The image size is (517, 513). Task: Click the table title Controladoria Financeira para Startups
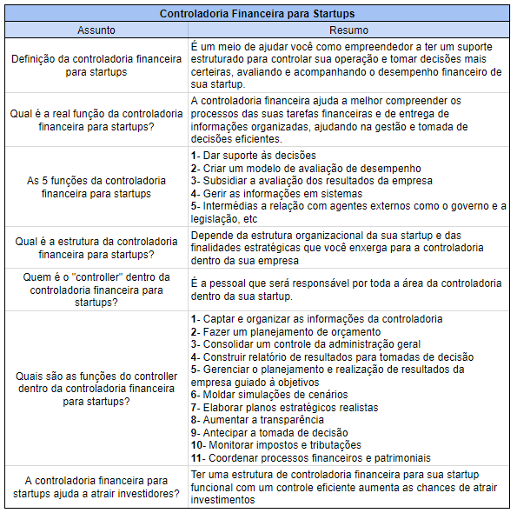(258, 14)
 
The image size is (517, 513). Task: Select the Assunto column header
(96, 30)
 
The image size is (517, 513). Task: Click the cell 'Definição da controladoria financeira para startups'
(96, 65)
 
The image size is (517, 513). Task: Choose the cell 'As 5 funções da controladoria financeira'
(96, 187)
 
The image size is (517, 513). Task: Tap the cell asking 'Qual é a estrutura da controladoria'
(96, 249)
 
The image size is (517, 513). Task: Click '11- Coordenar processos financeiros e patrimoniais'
(309, 457)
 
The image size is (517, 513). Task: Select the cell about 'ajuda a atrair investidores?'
(96, 487)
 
